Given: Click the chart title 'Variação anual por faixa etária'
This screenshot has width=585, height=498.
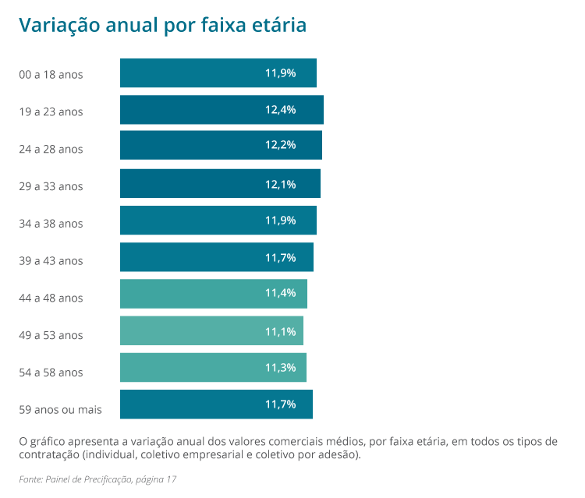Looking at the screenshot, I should [x=162, y=26].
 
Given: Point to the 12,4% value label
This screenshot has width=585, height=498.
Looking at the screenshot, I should [x=280, y=110].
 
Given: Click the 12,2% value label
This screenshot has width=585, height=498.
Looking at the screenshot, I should [x=280, y=147].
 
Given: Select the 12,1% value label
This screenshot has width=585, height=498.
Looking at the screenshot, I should [x=280, y=183].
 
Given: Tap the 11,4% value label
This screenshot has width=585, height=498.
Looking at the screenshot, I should [x=280, y=294].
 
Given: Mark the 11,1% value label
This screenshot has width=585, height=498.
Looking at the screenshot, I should [x=280, y=331].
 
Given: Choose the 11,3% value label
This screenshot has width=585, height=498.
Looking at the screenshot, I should [x=280, y=368].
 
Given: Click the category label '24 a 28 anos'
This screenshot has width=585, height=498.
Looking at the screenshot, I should [x=51, y=149].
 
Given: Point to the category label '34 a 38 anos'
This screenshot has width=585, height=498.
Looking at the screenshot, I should [x=51, y=224].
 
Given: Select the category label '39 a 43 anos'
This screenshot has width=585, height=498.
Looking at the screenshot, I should [x=51, y=261].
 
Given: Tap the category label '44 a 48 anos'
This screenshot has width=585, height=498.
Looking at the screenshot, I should [x=51, y=298].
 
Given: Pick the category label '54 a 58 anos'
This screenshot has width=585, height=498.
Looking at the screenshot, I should [x=51, y=373].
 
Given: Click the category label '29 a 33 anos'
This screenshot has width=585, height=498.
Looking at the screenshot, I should [x=51, y=186].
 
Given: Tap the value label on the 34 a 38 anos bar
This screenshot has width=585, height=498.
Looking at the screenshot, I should [x=280, y=221].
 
